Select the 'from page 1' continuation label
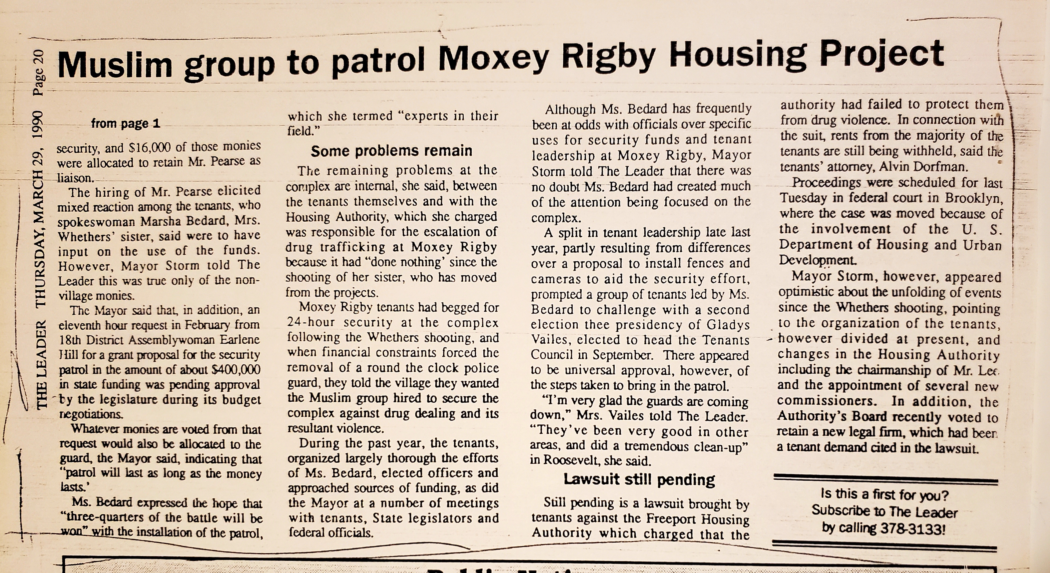pyautogui.click(x=126, y=123)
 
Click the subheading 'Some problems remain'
pyautogui.click(x=391, y=151)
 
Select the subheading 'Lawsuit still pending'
pyautogui.click(x=639, y=480)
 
